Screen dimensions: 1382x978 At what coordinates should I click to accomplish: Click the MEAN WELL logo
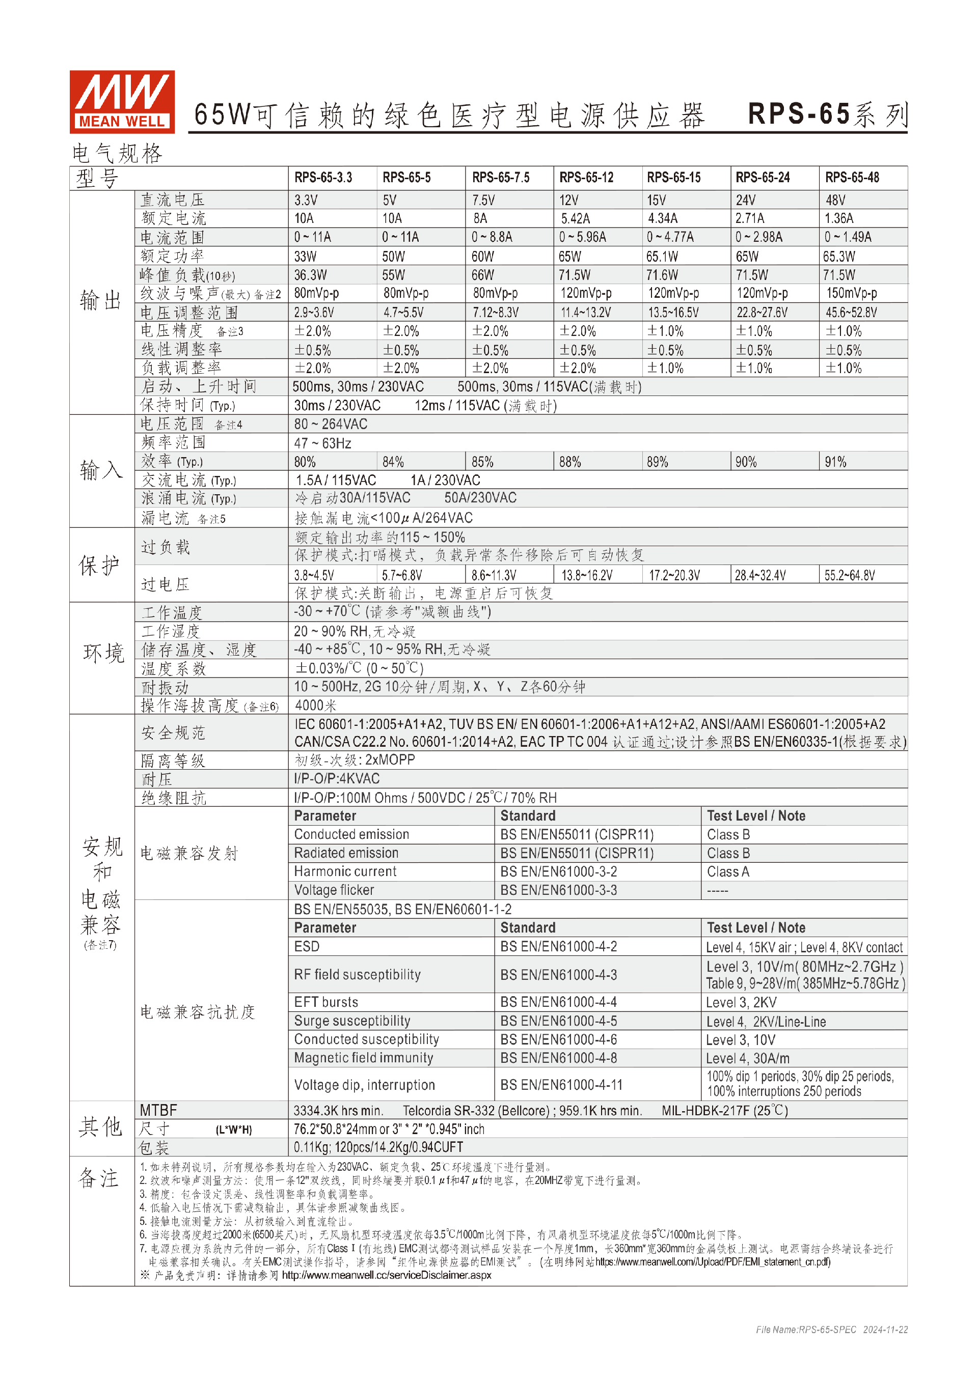(122, 102)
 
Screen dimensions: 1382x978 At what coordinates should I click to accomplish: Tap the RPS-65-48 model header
(852, 178)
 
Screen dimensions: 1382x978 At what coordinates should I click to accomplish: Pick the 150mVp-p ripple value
(851, 293)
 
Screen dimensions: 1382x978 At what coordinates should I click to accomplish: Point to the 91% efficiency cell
(835, 462)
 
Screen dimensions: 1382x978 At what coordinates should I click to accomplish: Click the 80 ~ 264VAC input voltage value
(331, 425)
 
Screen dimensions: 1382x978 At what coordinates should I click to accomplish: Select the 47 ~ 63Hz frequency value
(323, 443)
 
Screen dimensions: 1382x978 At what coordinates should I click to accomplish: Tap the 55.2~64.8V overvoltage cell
(849, 575)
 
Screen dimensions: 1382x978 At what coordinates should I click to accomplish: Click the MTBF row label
(158, 1111)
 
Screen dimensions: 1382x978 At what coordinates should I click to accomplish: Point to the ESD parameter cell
(307, 947)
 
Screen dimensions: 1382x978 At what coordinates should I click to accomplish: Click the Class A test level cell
(728, 871)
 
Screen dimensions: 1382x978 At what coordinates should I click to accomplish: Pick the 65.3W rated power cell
(839, 257)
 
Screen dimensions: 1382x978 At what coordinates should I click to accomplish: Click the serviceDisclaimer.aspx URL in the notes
(386, 1275)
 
